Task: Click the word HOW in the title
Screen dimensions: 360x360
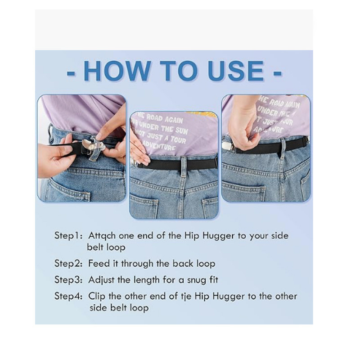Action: [x=117, y=71]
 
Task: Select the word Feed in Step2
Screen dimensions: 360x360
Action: [x=98, y=263]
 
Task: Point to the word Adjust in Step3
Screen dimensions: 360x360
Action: [x=102, y=280]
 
